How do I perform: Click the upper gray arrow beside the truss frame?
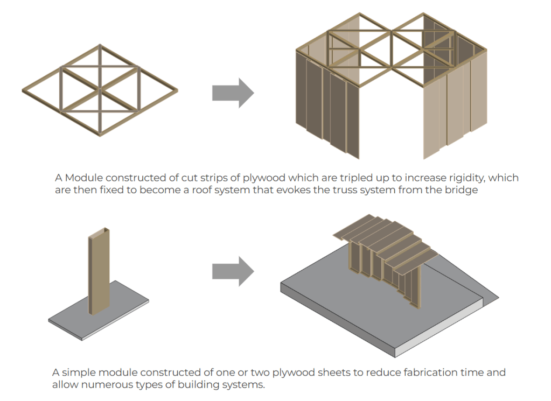[x=233, y=93]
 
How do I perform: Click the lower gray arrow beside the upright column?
[x=233, y=271]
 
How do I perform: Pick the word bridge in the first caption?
[x=463, y=191]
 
